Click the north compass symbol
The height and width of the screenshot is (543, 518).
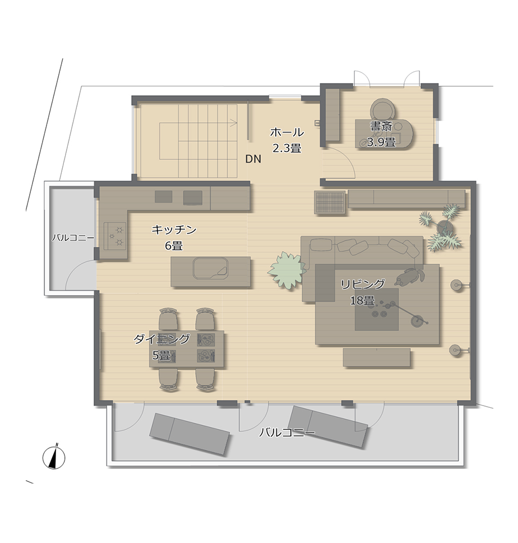pos(54,458)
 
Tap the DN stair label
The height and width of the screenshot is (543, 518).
pos(253,159)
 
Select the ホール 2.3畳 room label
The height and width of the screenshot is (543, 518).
pos(287,140)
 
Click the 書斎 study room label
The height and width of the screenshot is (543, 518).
pos(381,126)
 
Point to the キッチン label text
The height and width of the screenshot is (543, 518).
pos(174,229)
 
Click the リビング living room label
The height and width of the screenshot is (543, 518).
pos(363,284)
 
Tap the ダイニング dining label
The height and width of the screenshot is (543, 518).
pos(162,339)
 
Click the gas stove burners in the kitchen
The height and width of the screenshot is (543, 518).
pos(115,236)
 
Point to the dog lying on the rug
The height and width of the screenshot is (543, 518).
pos(410,277)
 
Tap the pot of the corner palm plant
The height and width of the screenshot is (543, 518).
pos(445,227)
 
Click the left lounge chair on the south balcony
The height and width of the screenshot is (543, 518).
pos(189,434)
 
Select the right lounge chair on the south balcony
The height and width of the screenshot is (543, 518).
pos(327,427)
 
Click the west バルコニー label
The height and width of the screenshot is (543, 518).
pos(73,238)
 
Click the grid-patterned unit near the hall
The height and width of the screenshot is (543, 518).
pos(330,203)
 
